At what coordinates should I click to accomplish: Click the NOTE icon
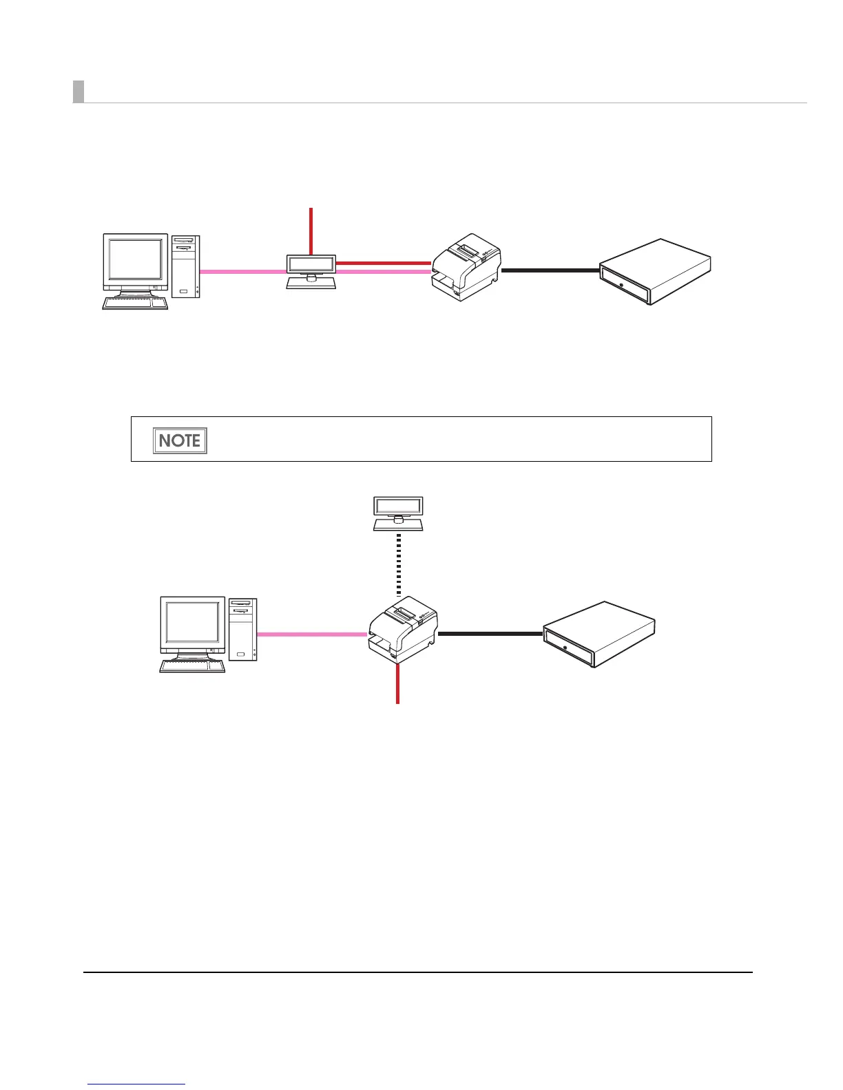click(180, 440)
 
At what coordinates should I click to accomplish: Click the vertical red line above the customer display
click(311, 231)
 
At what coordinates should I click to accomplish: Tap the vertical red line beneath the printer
click(397, 684)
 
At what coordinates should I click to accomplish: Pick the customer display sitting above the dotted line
click(398, 513)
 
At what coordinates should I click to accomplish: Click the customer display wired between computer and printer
click(311, 271)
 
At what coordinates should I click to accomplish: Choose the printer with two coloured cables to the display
click(466, 266)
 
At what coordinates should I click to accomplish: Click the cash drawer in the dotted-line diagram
click(599, 634)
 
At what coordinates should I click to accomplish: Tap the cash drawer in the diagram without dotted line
click(654, 271)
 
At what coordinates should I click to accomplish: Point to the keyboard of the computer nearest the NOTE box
click(135, 303)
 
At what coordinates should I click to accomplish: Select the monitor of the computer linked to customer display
click(136, 262)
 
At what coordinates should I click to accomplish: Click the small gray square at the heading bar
click(79, 92)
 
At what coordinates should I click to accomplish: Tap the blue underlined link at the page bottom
click(137, 1085)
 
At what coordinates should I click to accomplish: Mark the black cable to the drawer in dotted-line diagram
click(490, 634)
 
